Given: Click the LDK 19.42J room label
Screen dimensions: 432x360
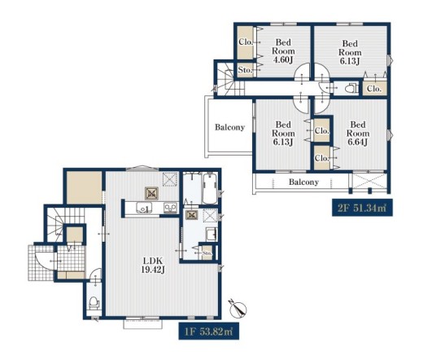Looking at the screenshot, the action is pos(153,265).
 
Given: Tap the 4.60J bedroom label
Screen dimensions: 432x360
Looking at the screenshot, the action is pos(283,51).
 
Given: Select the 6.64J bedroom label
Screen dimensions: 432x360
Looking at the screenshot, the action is pos(358,134).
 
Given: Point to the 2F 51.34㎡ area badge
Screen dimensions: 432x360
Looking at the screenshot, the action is pos(362,208).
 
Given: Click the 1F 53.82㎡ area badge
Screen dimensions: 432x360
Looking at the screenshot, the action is pos(208,331).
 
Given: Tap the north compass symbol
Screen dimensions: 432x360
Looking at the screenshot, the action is pos(238,308).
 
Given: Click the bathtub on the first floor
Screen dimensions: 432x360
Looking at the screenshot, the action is pos(210,188).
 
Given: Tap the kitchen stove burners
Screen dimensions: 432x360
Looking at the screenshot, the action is pos(171,208).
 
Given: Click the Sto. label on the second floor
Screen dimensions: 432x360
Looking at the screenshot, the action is pos(245,70).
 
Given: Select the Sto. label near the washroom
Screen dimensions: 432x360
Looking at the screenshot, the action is pos(207,252).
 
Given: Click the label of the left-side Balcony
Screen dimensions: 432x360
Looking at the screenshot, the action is pos(229,127).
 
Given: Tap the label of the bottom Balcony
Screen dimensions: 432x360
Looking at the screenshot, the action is pos(303,182).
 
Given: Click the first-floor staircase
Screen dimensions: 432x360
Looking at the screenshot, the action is pos(64,224).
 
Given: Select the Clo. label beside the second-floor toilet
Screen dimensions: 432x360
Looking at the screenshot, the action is pos(374,89).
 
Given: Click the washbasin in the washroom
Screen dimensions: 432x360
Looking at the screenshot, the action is pos(212,235).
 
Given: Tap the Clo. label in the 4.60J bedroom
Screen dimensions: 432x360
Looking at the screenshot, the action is pos(246,42).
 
